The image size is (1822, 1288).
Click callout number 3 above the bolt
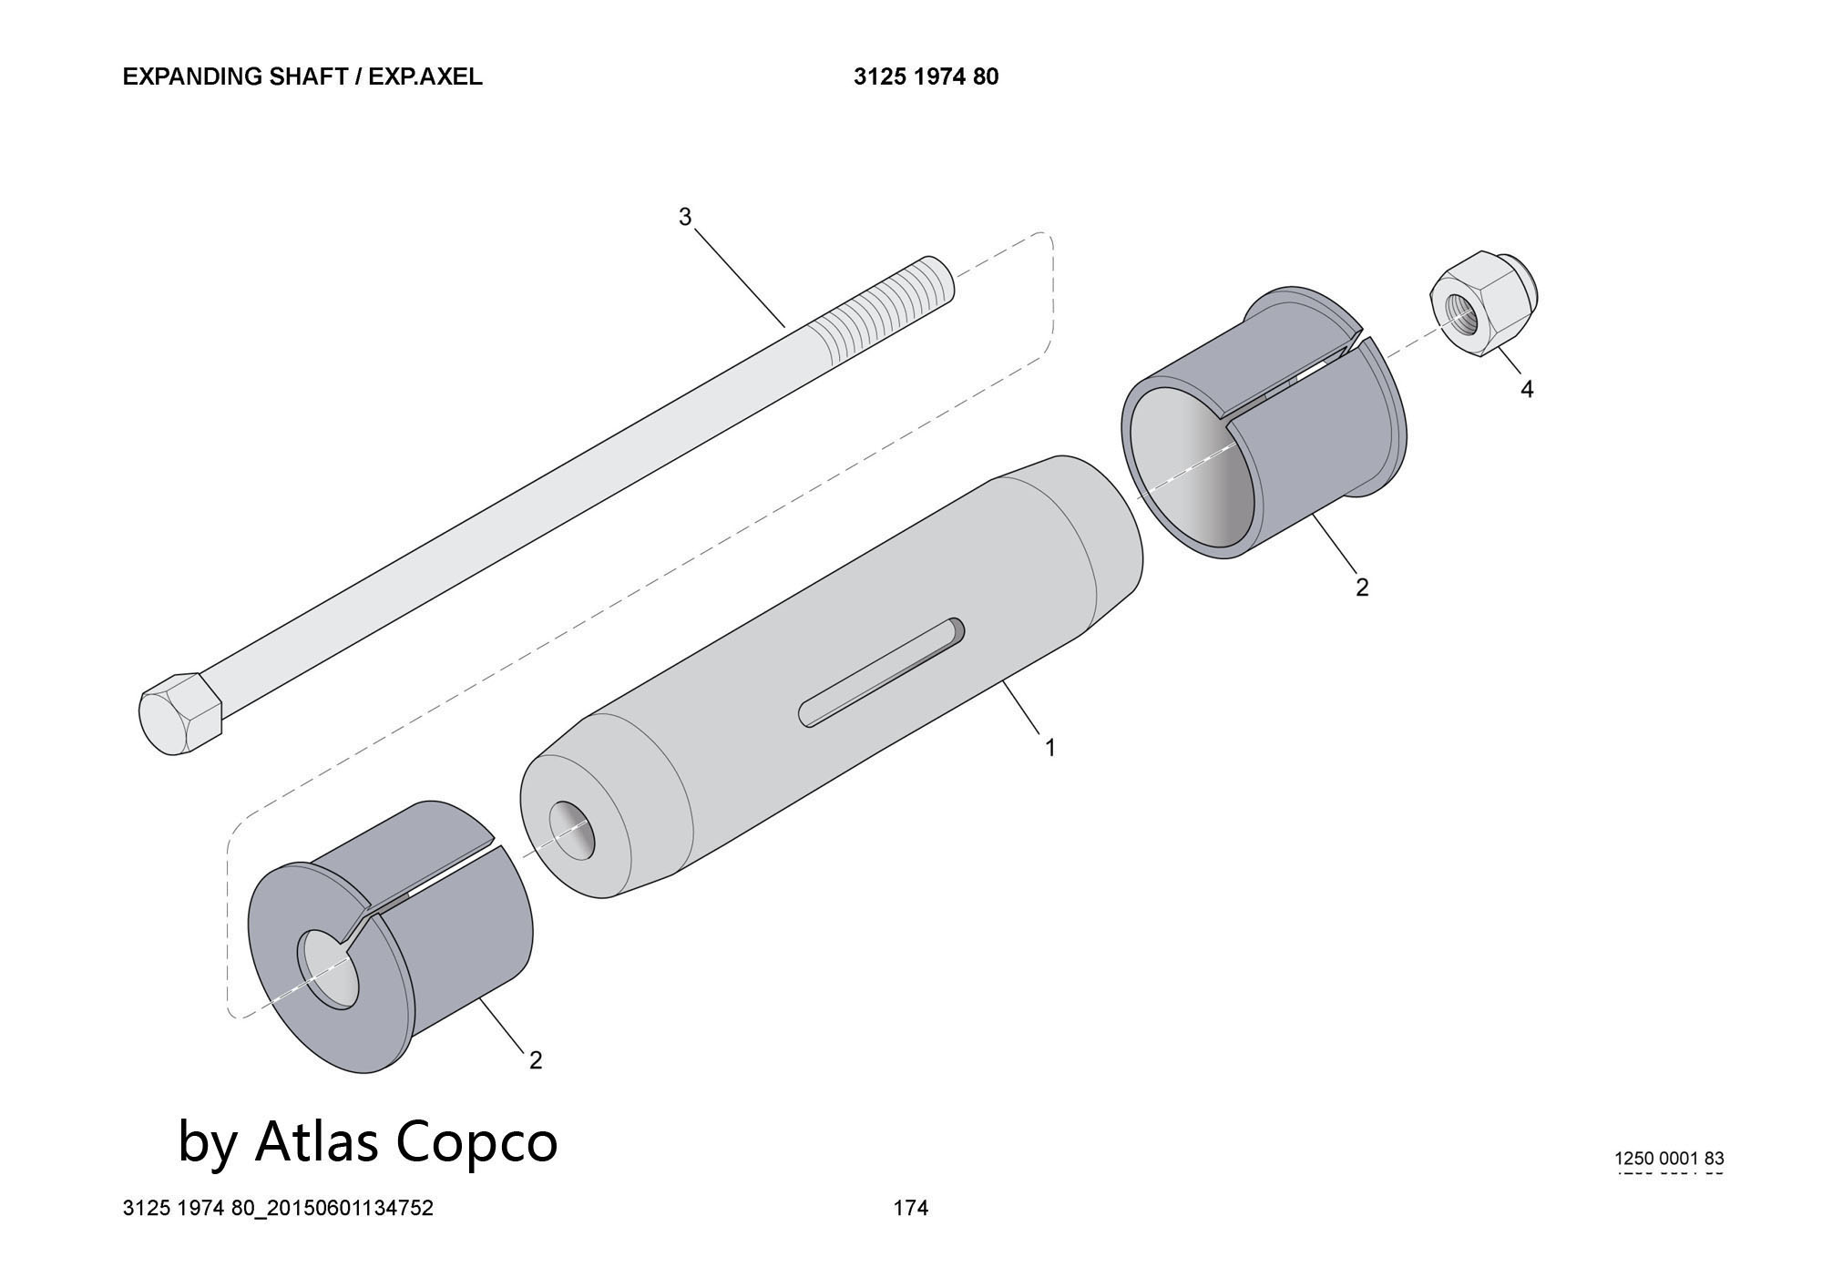[685, 218]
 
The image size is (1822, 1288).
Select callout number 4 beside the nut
[1527, 390]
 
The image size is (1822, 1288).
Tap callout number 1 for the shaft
[1049, 748]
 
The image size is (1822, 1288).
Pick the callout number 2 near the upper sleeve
[1362, 588]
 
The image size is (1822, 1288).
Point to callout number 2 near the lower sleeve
[536, 1060]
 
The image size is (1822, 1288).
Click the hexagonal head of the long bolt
[180, 713]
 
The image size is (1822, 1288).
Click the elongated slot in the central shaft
[880, 672]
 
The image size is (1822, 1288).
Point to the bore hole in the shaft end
[572, 830]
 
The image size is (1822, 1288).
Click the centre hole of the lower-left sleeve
[328, 969]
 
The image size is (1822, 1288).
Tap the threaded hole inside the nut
[1466, 314]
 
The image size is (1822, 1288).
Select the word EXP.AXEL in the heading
[425, 77]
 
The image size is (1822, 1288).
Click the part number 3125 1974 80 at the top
[926, 77]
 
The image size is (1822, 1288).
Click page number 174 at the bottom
[911, 1208]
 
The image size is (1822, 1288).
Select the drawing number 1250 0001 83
[1669, 1159]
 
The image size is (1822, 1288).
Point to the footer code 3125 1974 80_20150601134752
[278, 1208]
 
